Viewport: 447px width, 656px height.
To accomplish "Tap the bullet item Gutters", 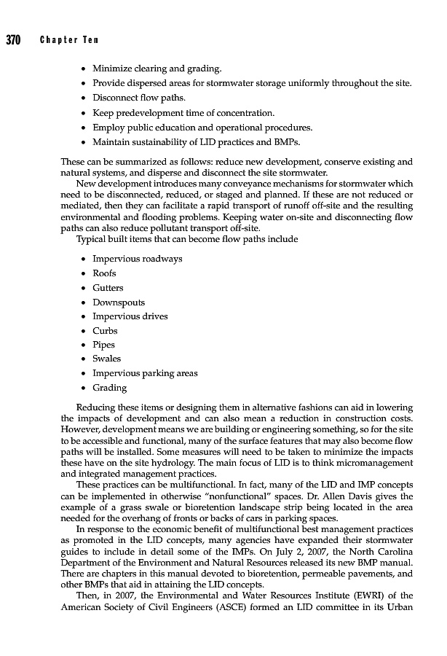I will (x=108, y=288).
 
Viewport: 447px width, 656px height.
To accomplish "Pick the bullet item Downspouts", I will (x=118, y=302).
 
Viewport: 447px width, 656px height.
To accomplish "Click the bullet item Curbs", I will (x=105, y=331).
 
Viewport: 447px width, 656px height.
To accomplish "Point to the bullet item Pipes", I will (x=103, y=345).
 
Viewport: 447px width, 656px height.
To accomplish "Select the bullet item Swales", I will (x=106, y=359).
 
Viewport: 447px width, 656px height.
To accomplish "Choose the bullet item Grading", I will (x=109, y=388).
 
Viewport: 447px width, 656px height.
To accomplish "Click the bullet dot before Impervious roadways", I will (x=85, y=259).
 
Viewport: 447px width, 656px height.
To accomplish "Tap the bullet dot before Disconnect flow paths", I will (x=85, y=98).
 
